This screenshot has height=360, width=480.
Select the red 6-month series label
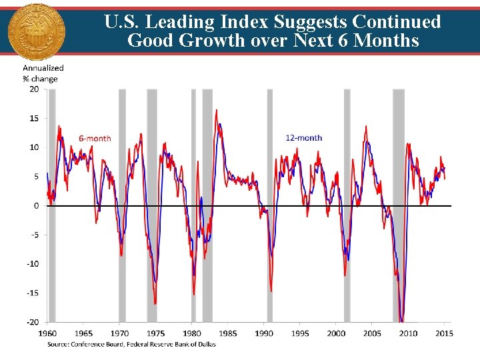point(95,138)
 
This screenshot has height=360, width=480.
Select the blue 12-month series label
point(303,138)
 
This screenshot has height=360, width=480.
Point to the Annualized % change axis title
point(43,73)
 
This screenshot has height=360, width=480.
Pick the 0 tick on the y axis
point(36,205)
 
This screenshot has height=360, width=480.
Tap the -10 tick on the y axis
point(33,263)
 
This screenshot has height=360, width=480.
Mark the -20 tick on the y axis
point(33,321)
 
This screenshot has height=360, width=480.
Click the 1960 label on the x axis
point(47,333)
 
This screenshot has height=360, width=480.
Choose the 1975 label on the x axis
point(155,333)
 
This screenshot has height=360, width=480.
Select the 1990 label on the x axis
point(264,333)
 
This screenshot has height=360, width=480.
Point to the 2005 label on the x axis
point(372,333)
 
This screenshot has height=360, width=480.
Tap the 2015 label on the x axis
point(444,333)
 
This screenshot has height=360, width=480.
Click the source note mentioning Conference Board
point(131,344)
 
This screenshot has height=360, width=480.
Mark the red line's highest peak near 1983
point(216,111)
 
